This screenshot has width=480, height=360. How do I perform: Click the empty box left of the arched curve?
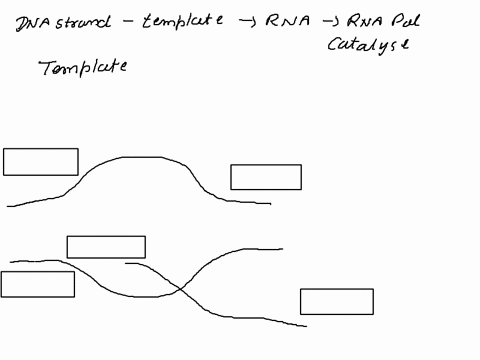click(x=41, y=162)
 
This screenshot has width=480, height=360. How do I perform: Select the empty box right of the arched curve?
click(x=266, y=177)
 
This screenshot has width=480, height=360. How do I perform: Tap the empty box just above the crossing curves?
click(x=106, y=247)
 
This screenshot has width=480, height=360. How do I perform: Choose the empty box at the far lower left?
click(x=38, y=284)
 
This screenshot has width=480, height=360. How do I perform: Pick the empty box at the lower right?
click(x=337, y=301)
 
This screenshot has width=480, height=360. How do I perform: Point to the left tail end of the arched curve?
click(x=9, y=207)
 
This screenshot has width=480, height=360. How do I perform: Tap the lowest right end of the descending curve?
click(x=305, y=326)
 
